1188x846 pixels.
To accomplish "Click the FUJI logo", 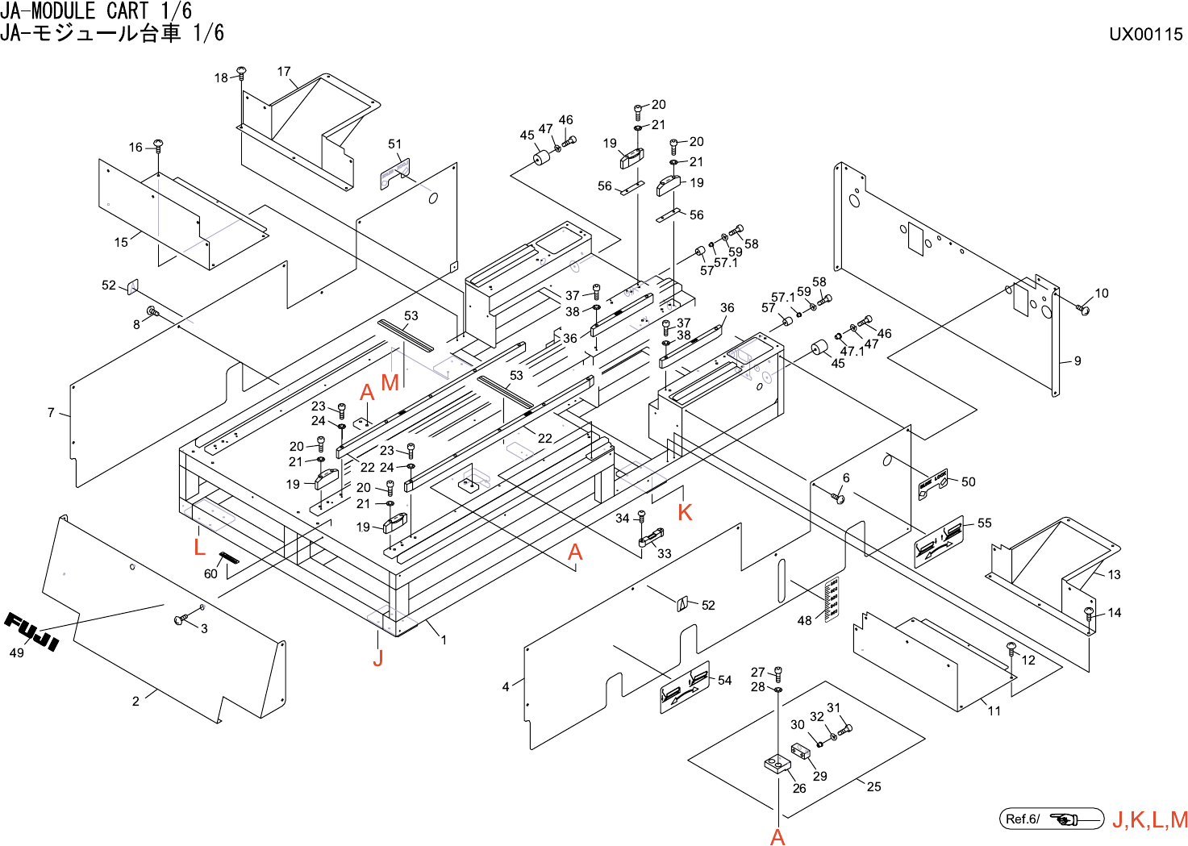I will (32, 631).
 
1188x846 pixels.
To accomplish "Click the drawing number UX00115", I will (1145, 34).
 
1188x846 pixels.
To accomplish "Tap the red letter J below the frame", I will (377, 658).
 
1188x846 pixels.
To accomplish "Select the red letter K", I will (685, 512).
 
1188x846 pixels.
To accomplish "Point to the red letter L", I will (199, 548).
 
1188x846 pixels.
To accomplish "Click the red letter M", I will (390, 383).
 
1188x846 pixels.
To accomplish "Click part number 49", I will (16, 653).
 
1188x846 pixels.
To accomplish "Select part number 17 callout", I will (284, 72).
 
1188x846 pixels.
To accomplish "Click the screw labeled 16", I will (158, 145).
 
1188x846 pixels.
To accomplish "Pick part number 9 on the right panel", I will (1078, 361).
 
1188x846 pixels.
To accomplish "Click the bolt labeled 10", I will (1083, 309).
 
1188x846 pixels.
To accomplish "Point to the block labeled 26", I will (777, 763).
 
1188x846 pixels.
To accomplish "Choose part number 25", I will (874, 786).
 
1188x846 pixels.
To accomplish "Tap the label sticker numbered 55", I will (939, 541).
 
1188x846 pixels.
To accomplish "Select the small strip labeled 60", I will (229, 559).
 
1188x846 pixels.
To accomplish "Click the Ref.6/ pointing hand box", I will (1051, 819).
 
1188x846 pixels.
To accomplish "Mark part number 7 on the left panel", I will (51, 413).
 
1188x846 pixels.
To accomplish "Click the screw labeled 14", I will (1090, 615).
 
